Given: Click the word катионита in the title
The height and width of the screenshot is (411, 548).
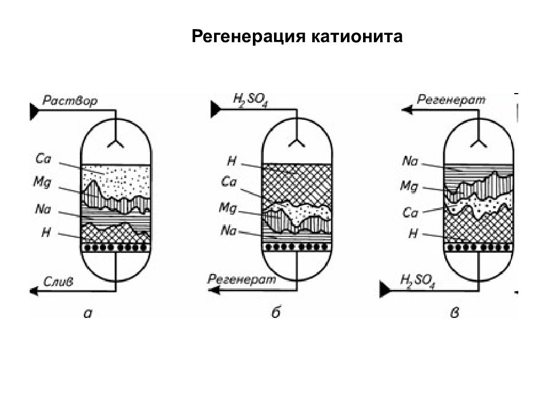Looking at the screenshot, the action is coord(357,36).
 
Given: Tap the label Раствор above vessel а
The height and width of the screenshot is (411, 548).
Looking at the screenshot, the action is coord(70,101).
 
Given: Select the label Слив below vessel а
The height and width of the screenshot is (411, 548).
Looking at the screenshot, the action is coord(58,281).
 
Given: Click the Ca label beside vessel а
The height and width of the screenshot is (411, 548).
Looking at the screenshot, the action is coord(43,159).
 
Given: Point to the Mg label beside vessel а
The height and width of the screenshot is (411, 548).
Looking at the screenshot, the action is coord(42,182).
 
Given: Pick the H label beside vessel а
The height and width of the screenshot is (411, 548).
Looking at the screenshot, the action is coord(46,232).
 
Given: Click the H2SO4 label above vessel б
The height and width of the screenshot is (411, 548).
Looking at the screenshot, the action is coord(250,100).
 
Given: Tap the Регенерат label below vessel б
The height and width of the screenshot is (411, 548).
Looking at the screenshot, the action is coord(242,280).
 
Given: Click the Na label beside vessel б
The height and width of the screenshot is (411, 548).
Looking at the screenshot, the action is coord(228,231).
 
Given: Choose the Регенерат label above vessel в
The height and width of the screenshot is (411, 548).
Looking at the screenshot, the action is coord(452,100).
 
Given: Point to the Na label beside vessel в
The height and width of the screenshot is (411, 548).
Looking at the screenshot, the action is coord(410,161).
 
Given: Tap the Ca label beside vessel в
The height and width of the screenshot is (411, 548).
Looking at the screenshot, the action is coord(410,212).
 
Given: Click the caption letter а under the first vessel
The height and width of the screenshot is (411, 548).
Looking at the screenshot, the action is coord(88,313).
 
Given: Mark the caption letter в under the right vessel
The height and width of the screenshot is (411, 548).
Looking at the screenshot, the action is coord(454,313).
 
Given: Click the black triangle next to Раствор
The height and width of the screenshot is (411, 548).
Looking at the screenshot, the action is coord(34,111).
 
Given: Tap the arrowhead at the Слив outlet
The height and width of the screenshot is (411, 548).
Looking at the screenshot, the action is coord(34,291).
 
